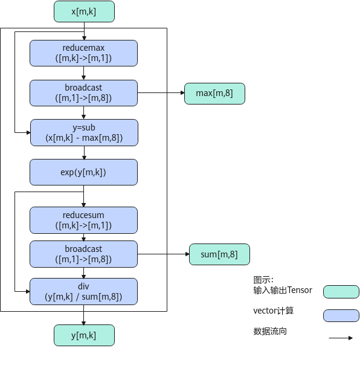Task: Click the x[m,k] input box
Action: click(84, 11)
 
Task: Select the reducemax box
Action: click(83, 53)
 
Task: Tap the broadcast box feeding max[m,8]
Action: click(83, 93)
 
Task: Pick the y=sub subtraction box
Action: click(84, 132)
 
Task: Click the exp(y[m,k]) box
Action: click(83, 172)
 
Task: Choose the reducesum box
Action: click(83, 220)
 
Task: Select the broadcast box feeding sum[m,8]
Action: click(83, 254)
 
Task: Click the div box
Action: click(83, 291)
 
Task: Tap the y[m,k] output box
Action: click(84, 335)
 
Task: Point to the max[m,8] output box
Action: click(214, 94)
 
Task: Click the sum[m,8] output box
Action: click(219, 254)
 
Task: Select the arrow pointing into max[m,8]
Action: click(161, 93)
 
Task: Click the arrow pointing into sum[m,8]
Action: click(163, 254)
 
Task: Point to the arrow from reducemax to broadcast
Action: click(84, 73)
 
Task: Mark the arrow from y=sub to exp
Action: click(84, 152)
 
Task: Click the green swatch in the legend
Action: click(341, 292)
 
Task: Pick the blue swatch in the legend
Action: click(341, 315)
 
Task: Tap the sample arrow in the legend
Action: click(341, 338)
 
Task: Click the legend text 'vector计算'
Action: click(274, 311)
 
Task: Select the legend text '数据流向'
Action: click(270, 331)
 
